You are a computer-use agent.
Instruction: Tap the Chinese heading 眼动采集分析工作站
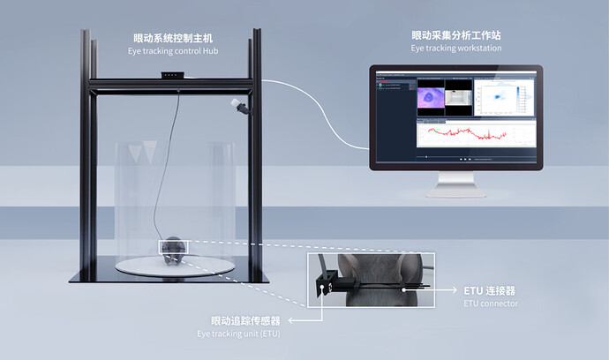coord(456,36)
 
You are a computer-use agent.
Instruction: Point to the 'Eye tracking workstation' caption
coord(456,48)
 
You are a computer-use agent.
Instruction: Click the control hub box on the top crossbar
coord(172,78)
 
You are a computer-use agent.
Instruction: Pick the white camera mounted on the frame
coord(238,107)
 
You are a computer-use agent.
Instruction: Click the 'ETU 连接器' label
coord(489,290)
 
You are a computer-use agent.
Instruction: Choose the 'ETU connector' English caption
coord(491,303)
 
